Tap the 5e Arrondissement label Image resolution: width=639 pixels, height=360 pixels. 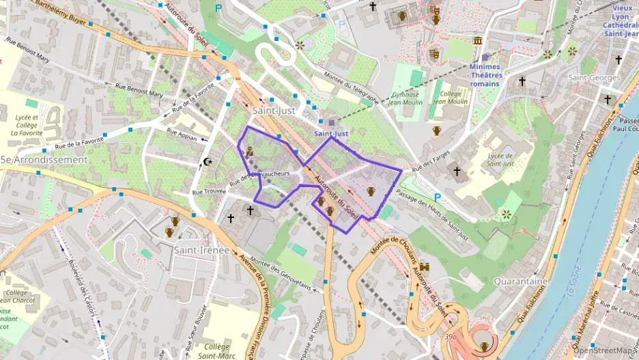pyautogui.click(x=44, y=160)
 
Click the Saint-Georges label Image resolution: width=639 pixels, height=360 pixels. pyautogui.click(x=594, y=77)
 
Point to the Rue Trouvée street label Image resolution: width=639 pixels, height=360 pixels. pyautogui.click(x=208, y=192)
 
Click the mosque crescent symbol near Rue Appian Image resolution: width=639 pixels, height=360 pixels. pyautogui.click(x=208, y=162)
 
